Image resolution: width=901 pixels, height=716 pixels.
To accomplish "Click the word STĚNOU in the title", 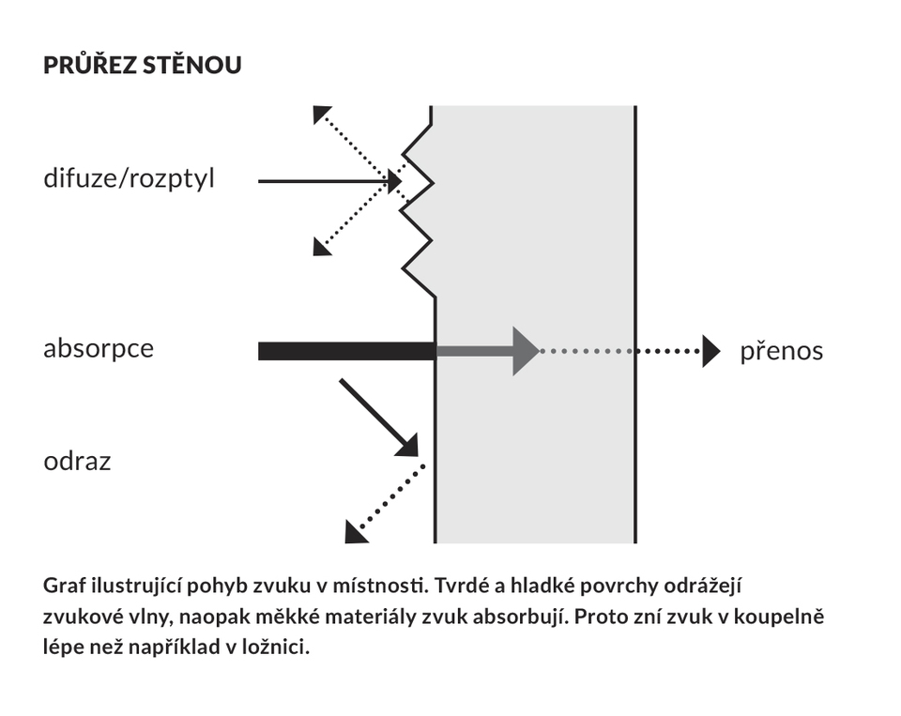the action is pyautogui.click(x=191, y=64).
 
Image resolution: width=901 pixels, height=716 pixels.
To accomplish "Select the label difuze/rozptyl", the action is pyautogui.click(x=129, y=178).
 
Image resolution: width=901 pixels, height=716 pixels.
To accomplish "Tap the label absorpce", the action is pyautogui.click(x=99, y=349).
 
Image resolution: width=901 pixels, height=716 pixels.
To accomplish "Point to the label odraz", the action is pyautogui.click(x=77, y=461).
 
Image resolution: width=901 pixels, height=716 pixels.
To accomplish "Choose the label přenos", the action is pyautogui.click(x=782, y=351).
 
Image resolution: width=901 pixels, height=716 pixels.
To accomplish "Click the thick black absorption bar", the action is pyautogui.click(x=347, y=351).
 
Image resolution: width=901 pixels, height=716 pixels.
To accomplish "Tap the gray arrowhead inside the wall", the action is pyautogui.click(x=526, y=351).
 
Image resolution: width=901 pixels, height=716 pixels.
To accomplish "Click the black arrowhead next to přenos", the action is pyautogui.click(x=711, y=351).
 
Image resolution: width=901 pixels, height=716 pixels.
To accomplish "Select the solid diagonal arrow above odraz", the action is pyautogui.click(x=378, y=418).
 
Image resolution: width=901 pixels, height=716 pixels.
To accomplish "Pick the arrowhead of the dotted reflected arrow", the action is pyautogui.click(x=355, y=533).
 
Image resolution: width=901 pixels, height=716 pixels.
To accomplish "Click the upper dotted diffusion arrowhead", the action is pyautogui.click(x=321, y=114).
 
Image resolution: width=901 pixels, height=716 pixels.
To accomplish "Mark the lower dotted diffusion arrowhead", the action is pyautogui.click(x=321, y=248).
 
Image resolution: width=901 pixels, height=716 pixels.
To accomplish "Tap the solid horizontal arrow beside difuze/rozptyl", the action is pyautogui.click(x=329, y=182).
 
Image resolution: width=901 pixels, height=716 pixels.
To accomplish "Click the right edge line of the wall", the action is pyautogui.click(x=635, y=324).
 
